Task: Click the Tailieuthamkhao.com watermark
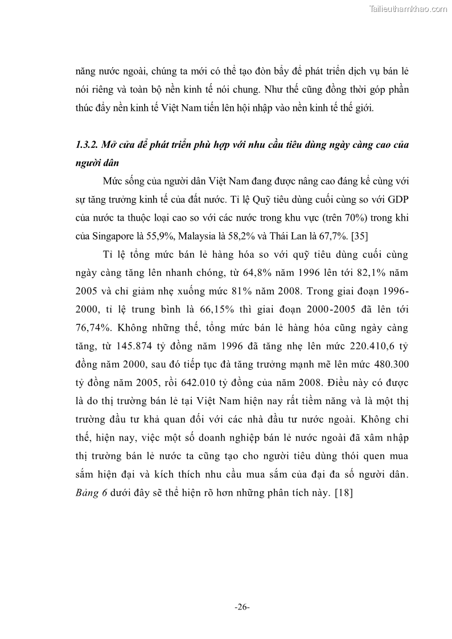tap(409, 9)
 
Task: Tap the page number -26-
tap(242, 607)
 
